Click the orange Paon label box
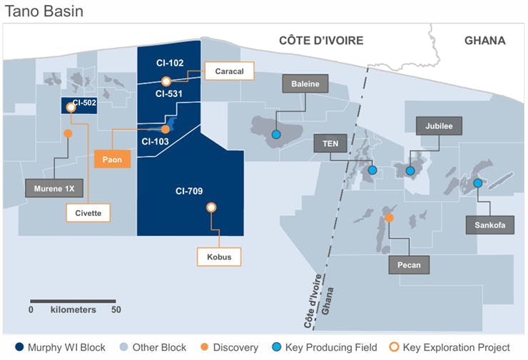[113, 159]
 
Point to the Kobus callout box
[219, 256]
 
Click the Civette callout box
[88, 212]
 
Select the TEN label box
[330, 143]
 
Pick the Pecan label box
[410, 265]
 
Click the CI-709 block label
[189, 190]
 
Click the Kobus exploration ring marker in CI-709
[211, 207]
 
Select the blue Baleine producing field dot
[275, 134]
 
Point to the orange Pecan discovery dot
[389, 218]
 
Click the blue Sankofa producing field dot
[477, 182]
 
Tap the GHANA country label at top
[484, 41]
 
